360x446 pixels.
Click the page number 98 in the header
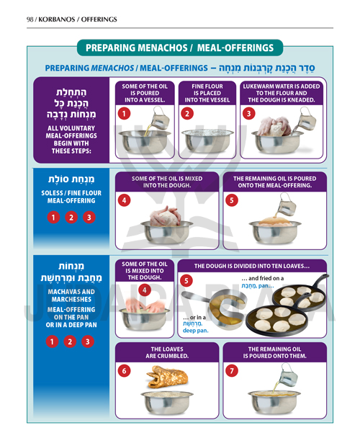click(x=30, y=19)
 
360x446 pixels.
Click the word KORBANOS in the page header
click(x=57, y=19)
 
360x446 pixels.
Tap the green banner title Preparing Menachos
click(x=179, y=48)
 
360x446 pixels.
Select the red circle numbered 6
click(x=124, y=371)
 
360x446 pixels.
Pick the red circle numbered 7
click(x=232, y=370)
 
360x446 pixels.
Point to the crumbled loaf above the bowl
click(x=167, y=377)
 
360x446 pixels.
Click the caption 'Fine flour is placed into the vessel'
click(x=207, y=93)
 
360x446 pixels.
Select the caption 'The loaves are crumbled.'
click(x=167, y=352)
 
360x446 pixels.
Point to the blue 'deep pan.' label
click(x=195, y=331)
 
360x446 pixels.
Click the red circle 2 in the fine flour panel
click(x=187, y=114)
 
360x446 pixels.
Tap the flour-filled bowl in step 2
click(x=207, y=141)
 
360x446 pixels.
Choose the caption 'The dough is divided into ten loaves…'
click(x=252, y=267)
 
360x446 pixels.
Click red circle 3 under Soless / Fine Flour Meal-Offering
click(x=89, y=218)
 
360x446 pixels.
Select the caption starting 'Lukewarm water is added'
click(x=282, y=93)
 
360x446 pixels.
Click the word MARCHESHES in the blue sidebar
click(x=71, y=299)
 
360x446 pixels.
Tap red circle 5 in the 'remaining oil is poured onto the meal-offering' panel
click(x=232, y=200)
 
